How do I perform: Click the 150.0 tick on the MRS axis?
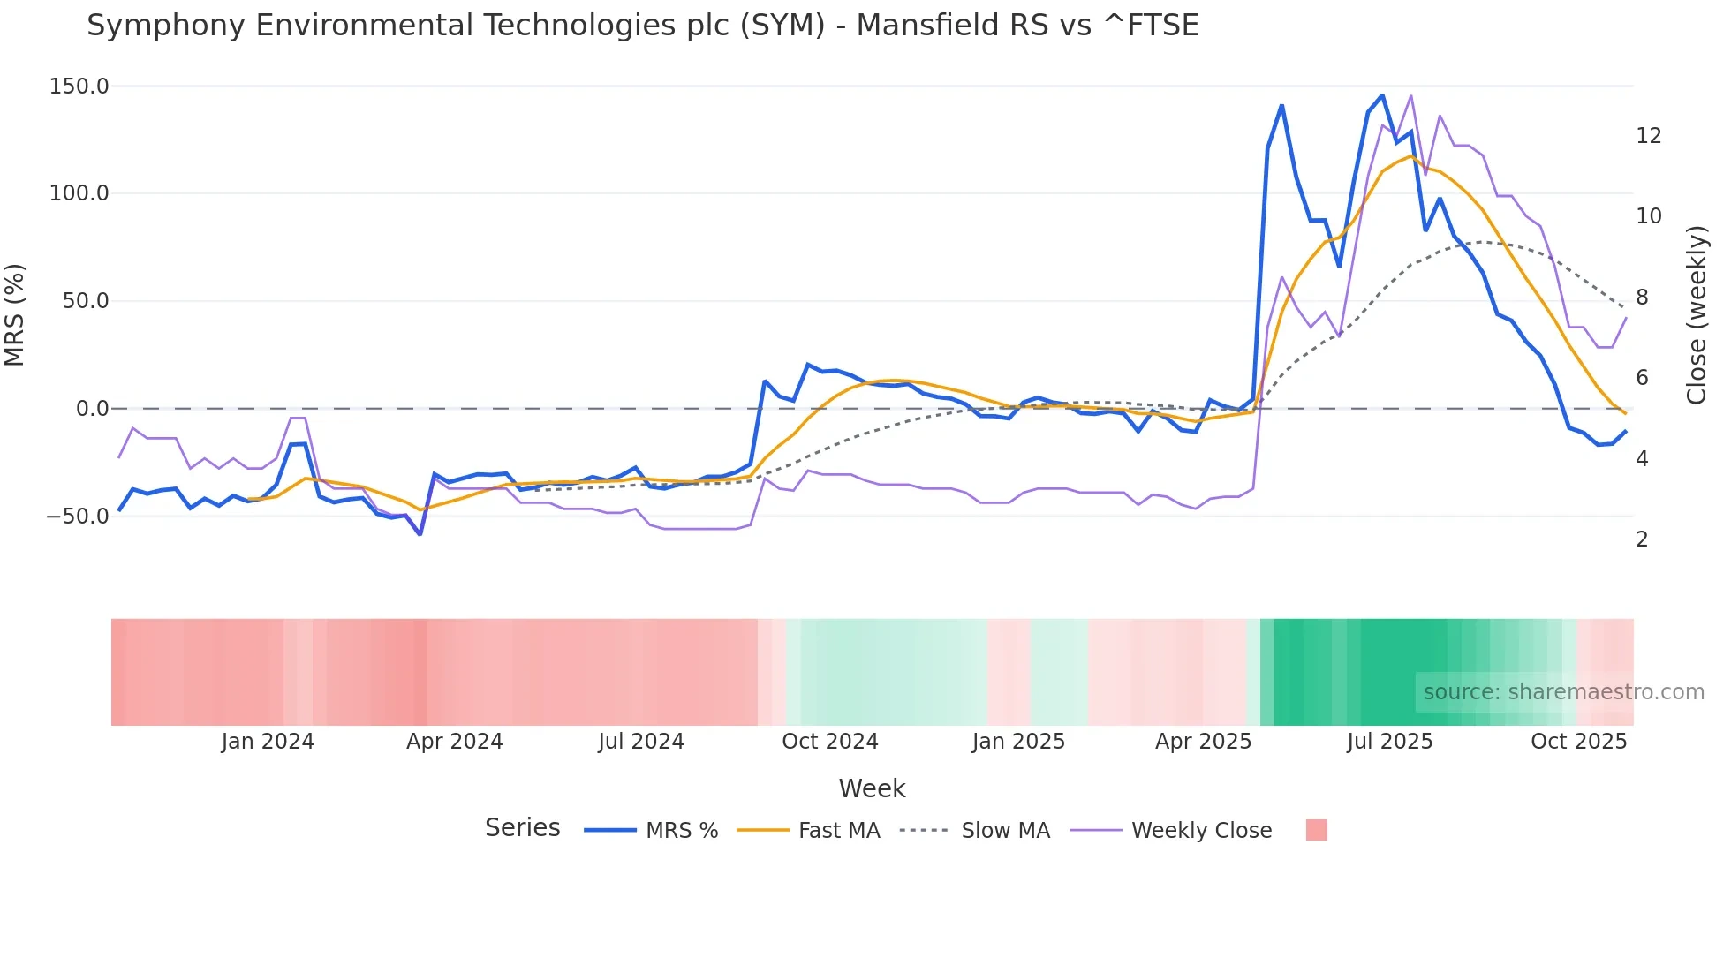click(x=79, y=87)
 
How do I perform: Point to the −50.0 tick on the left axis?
click(x=77, y=516)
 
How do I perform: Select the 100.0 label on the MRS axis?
click(x=79, y=193)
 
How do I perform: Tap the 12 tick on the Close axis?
click(x=1648, y=136)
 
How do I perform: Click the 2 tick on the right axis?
click(x=1642, y=539)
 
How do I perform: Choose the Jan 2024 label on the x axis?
click(x=268, y=742)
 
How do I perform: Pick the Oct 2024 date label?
click(x=830, y=742)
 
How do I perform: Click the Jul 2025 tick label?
click(x=1389, y=742)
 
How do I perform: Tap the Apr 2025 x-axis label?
click(x=1203, y=742)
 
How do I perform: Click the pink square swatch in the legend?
click(x=1316, y=830)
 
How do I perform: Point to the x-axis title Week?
click(x=872, y=788)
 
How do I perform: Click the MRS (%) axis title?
click(x=15, y=314)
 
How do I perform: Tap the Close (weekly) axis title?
click(x=1697, y=314)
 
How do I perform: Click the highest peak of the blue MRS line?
click(x=1382, y=95)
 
